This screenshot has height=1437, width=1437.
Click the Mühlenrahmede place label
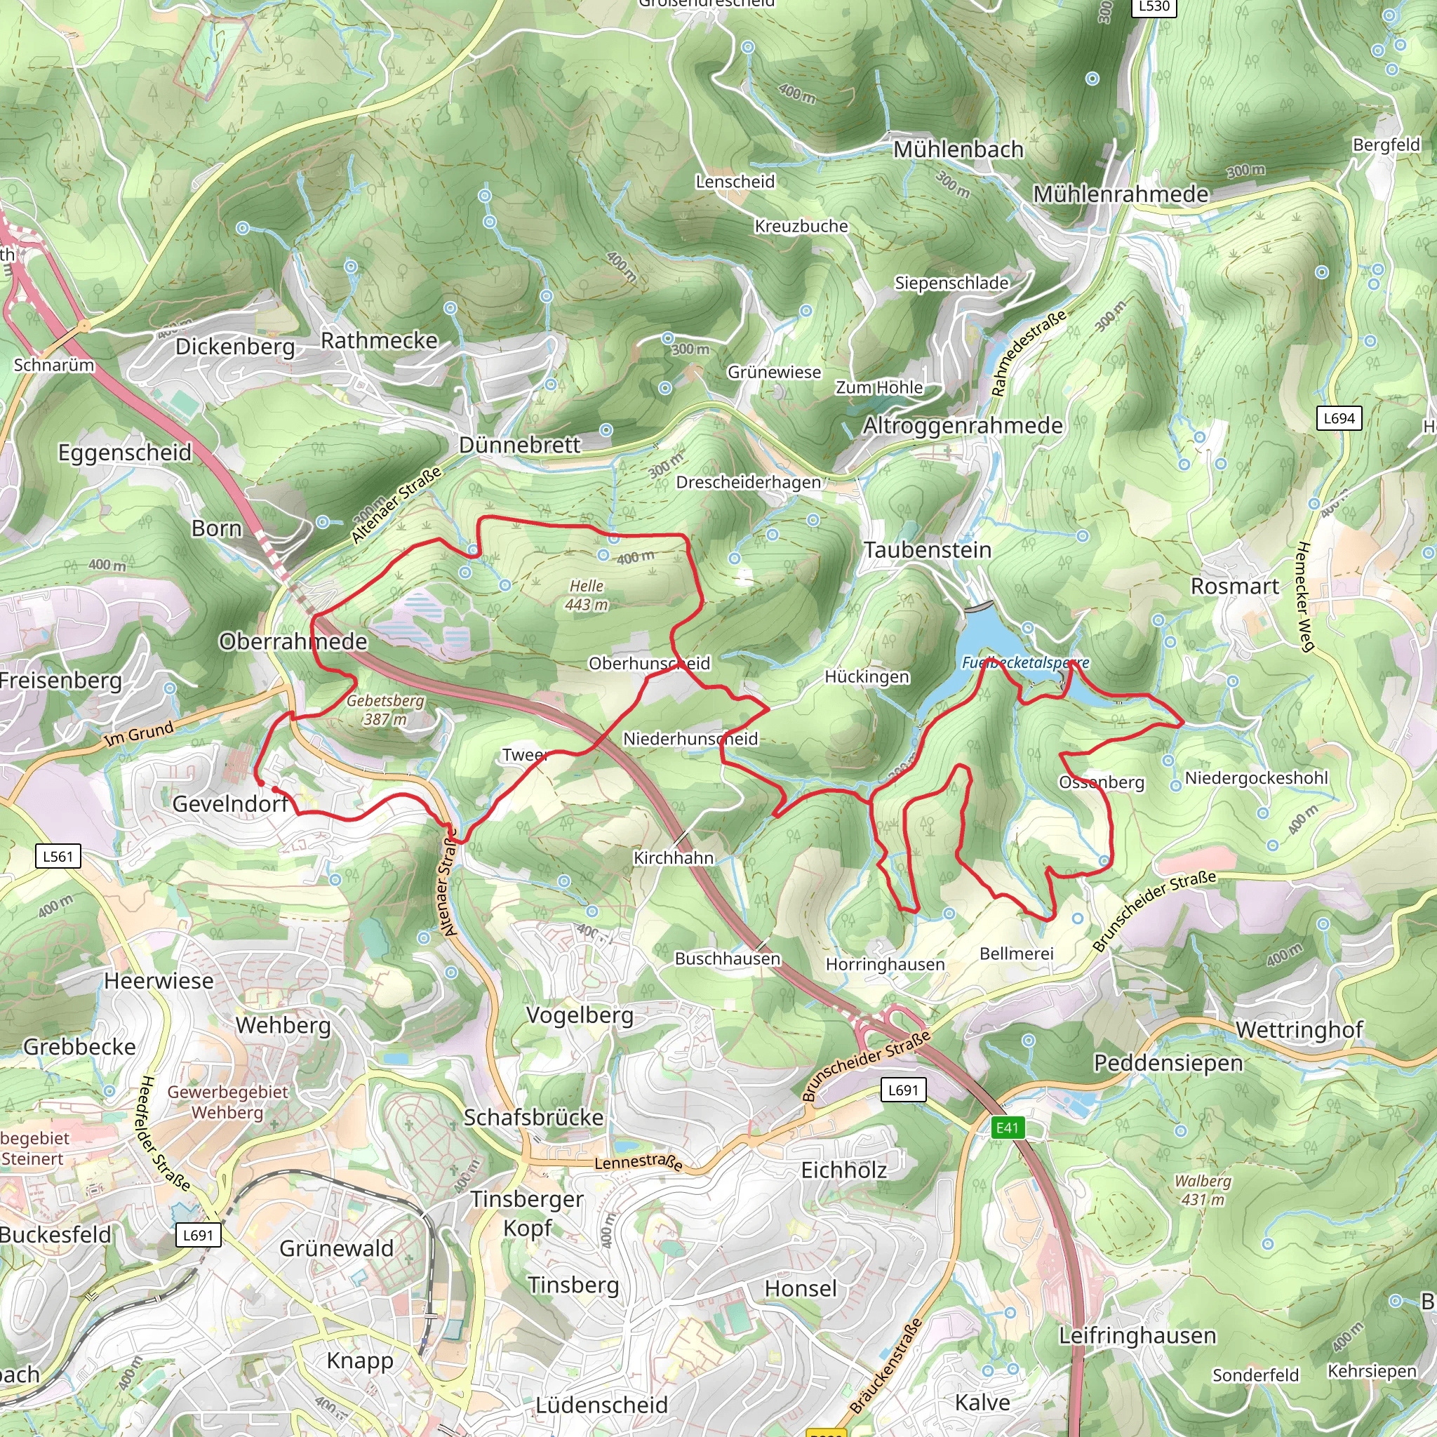[1120, 194]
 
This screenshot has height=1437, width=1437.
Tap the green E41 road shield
[1008, 1128]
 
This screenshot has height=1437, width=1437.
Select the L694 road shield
[1339, 418]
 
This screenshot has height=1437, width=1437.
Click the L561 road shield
[58, 856]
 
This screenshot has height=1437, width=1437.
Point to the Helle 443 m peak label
[586, 595]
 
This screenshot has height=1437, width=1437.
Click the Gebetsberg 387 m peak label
[385, 709]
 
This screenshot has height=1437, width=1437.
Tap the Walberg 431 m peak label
[1203, 1190]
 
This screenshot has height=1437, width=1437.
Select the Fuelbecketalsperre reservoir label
[1025, 662]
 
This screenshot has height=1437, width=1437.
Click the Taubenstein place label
[928, 550]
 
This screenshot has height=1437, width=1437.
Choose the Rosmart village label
[1235, 586]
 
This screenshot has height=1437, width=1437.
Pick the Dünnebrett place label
[519, 445]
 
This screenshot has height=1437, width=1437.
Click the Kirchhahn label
[673, 857]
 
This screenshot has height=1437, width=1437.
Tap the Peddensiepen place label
[1168, 1063]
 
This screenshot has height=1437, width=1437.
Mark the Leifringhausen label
[1137, 1335]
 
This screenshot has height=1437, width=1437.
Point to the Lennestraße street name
[639, 1163]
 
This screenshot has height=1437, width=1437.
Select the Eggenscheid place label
[125, 453]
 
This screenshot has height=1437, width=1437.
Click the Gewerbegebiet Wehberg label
[227, 1102]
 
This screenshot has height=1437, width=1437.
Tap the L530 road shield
[1154, 7]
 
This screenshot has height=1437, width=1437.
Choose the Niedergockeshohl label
[1256, 778]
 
